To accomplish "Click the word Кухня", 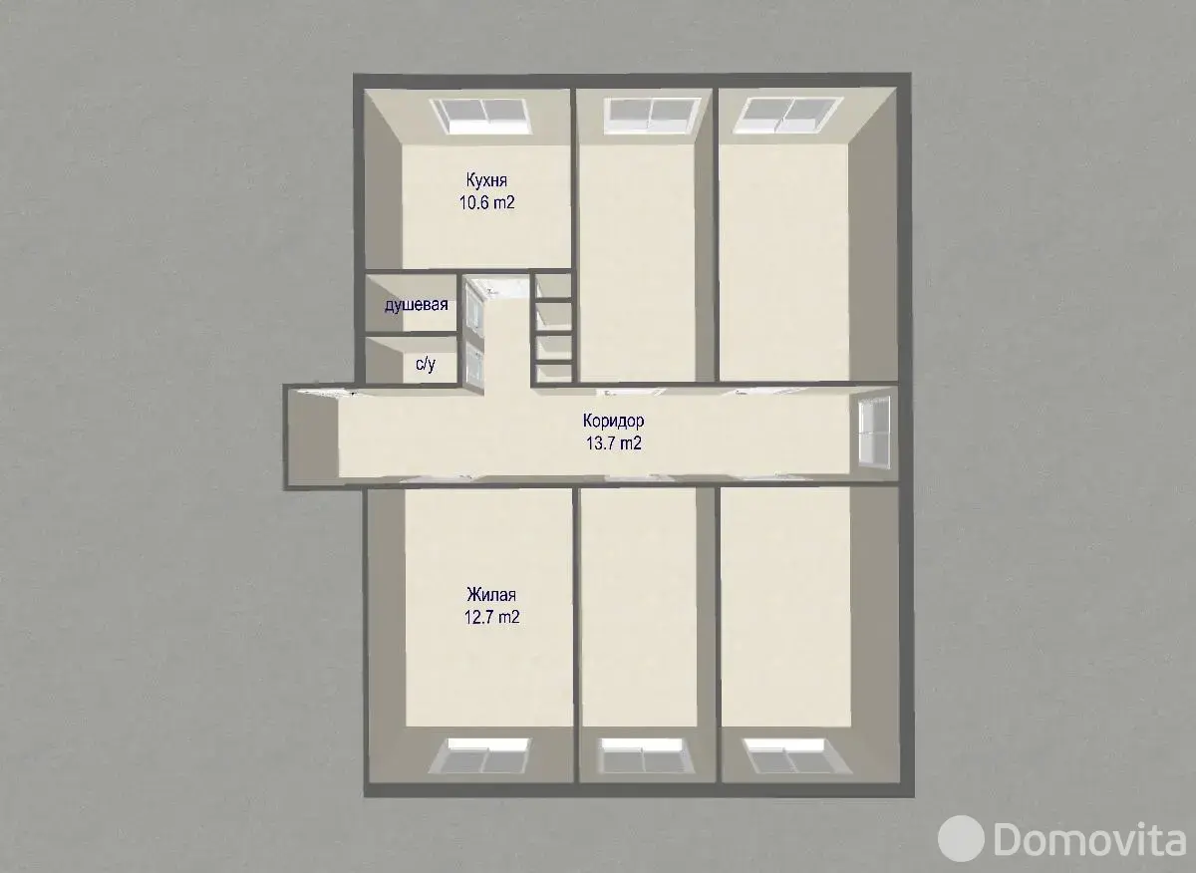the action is coord(486,180).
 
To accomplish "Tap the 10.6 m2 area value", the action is coord(487,202).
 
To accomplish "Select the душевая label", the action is coord(417,305).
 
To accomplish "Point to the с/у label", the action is coord(426,364).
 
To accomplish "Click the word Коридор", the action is coord(614,421).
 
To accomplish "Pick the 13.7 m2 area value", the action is coord(614,443).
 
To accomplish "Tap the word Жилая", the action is coord(491,594).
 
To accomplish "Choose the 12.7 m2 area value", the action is coord(491,617).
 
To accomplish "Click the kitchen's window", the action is coord(481,116).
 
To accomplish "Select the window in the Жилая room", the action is coord(480,755).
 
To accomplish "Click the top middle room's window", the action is coord(652,116).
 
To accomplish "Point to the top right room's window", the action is coord(788,116).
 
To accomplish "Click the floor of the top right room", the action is coord(783,263).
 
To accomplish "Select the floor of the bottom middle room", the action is coord(640,608).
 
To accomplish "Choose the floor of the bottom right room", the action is coord(785,608).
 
